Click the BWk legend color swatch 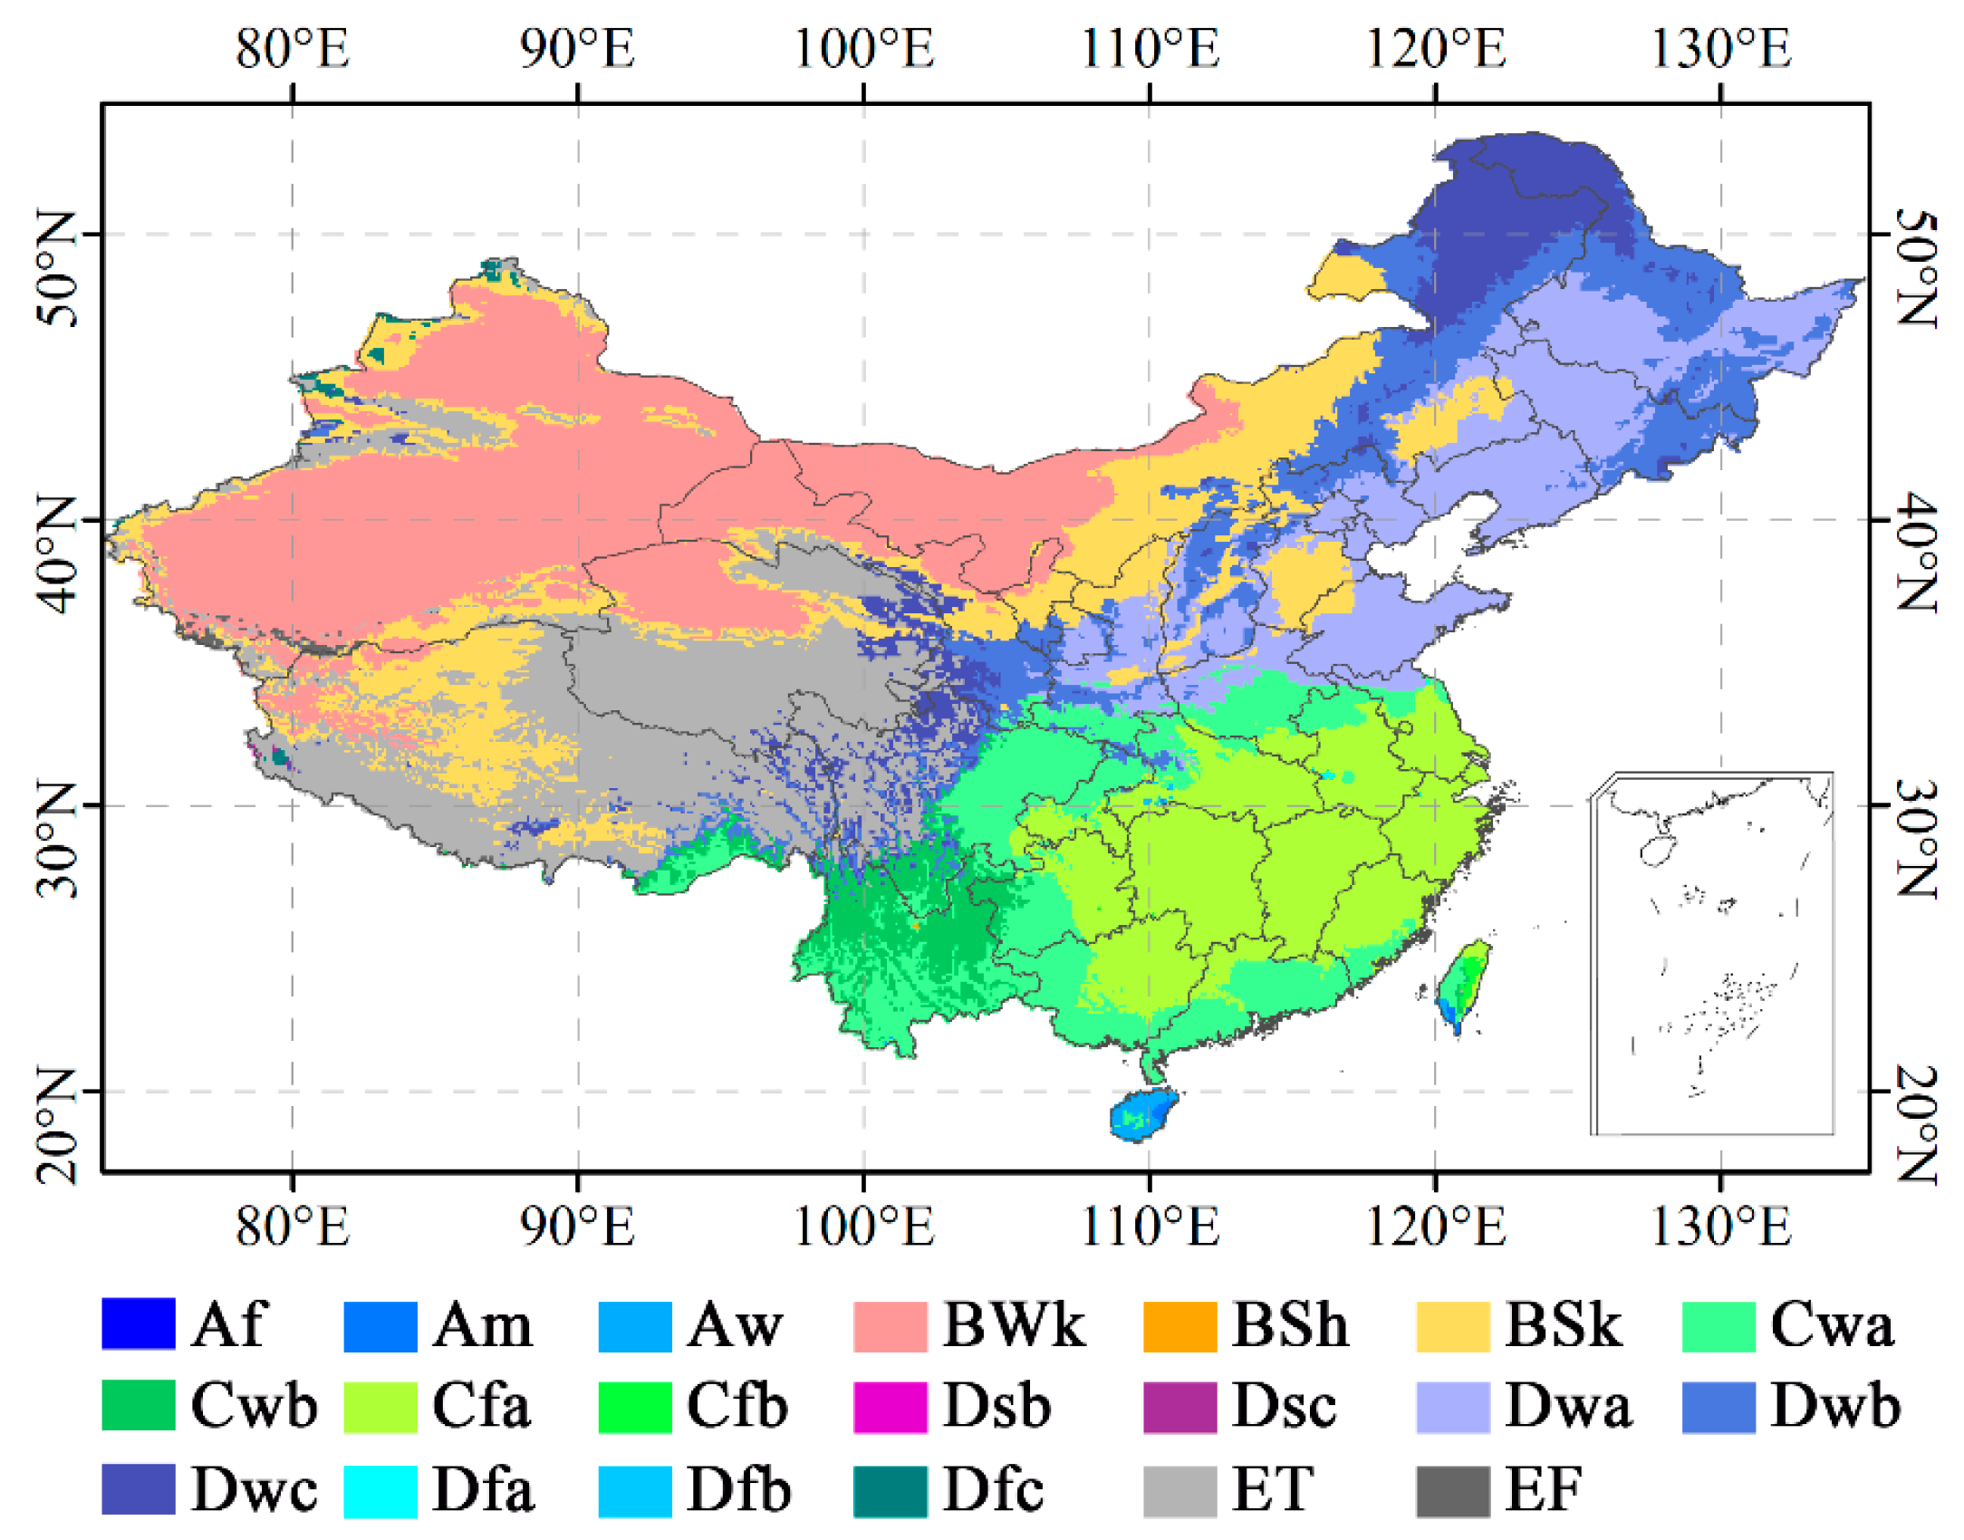(889, 1326)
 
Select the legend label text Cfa (481, 1406)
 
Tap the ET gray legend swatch (1179, 1490)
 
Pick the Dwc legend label (254, 1490)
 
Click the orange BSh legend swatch (1179, 1326)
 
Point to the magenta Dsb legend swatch (889, 1407)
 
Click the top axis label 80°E (292, 49)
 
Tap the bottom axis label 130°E (1719, 1227)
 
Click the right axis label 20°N (1915, 1123)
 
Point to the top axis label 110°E (1149, 49)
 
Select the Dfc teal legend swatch (889, 1490)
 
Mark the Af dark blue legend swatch (138, 1324)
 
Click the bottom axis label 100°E (862, 1227)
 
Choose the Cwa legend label (1831, 1326)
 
